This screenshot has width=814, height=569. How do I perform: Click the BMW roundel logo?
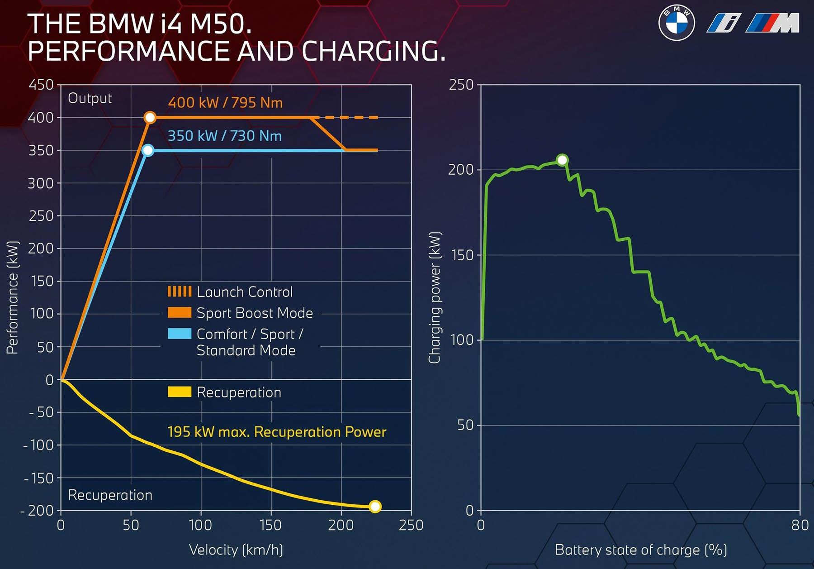point(677,23)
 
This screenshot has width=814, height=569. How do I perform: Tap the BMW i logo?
point(724,23)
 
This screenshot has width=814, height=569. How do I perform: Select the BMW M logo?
point(773,23)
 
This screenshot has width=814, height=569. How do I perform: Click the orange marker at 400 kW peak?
point(150,118)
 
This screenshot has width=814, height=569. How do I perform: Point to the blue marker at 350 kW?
point(148,150)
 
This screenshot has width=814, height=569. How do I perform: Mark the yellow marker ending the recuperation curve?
point(375,506)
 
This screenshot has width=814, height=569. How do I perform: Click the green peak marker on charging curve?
point(562,160)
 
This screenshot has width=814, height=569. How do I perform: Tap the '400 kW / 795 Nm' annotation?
point(225,103)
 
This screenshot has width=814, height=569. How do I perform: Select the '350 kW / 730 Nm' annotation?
point(225,136)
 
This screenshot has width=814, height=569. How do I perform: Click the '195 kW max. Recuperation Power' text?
point(277,432)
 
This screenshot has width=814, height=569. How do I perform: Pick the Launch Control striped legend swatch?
point(180,292)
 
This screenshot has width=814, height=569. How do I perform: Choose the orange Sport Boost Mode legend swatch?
point(180,313)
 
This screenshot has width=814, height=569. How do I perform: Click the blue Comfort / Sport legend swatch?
point(180,334)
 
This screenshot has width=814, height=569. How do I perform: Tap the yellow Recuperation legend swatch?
point(180,392)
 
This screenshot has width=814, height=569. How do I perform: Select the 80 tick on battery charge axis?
point(800,525)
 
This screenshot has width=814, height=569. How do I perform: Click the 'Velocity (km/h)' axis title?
point(236,550)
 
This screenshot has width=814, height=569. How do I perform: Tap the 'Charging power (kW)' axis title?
point(435,298)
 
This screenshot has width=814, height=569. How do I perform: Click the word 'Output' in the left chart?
point(90,98)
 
